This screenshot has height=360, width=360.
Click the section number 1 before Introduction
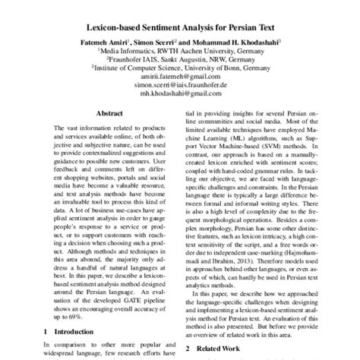click(x=45, y=331)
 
